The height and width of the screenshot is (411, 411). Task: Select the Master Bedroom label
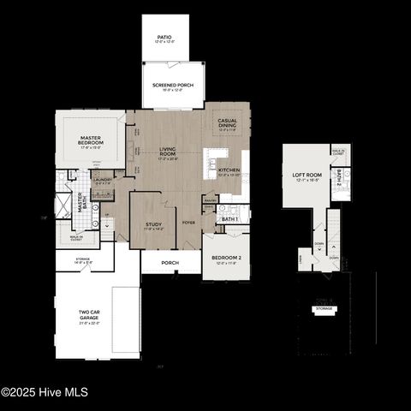(x=91, y=140)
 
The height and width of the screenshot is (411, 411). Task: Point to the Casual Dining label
(x=228, y=122)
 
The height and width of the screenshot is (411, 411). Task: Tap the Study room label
(x=154, y=226)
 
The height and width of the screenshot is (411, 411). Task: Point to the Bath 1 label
(x=229, y=219)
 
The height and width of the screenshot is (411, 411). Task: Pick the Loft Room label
(x=306, y=176)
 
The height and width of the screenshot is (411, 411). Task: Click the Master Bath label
(x=80, y=203)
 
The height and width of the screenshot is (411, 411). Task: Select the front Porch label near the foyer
(x=170, y=263)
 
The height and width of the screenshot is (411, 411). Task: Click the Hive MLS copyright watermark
(x=45, y=392)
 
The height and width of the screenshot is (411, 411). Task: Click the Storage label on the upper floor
(x=324, y=308)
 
